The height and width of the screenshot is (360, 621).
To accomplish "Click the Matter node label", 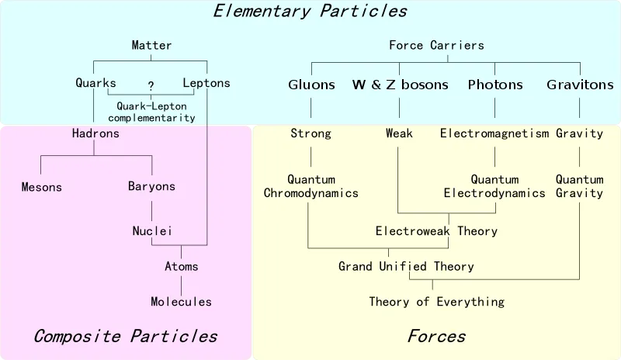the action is pos(151,45).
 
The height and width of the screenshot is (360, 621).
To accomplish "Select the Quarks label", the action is pos(95,83).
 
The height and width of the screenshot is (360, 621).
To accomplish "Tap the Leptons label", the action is pos(206,83).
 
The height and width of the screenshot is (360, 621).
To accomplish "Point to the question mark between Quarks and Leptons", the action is pos(151,85).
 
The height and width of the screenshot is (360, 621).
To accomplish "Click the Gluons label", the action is pos(311,85).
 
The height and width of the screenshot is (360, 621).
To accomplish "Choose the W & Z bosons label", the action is pos(400,85).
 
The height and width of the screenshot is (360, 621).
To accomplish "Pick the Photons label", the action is pos(495,85).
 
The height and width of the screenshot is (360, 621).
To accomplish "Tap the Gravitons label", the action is pos(580,85).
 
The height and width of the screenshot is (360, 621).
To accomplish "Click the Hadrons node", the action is pos(95,133).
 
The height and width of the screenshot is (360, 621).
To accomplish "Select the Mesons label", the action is pos(42,187).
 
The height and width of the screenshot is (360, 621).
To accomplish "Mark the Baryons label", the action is pos(151,186).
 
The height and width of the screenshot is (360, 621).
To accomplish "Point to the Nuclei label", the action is pos(152,231).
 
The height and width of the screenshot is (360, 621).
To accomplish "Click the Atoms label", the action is pos(182,266).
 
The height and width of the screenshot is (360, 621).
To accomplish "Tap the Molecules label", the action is pos(181,302).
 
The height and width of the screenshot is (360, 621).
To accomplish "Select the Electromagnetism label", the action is pos(494,133).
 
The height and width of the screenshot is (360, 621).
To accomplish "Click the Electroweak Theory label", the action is pos(436,231).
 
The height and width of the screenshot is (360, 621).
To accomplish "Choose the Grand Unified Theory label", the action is pos(406,266).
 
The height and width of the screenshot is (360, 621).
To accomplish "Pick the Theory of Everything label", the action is pos(437,302).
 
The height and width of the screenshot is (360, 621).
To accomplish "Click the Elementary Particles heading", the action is pos(310,11).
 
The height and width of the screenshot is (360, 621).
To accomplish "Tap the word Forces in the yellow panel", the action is pos(436,336).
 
